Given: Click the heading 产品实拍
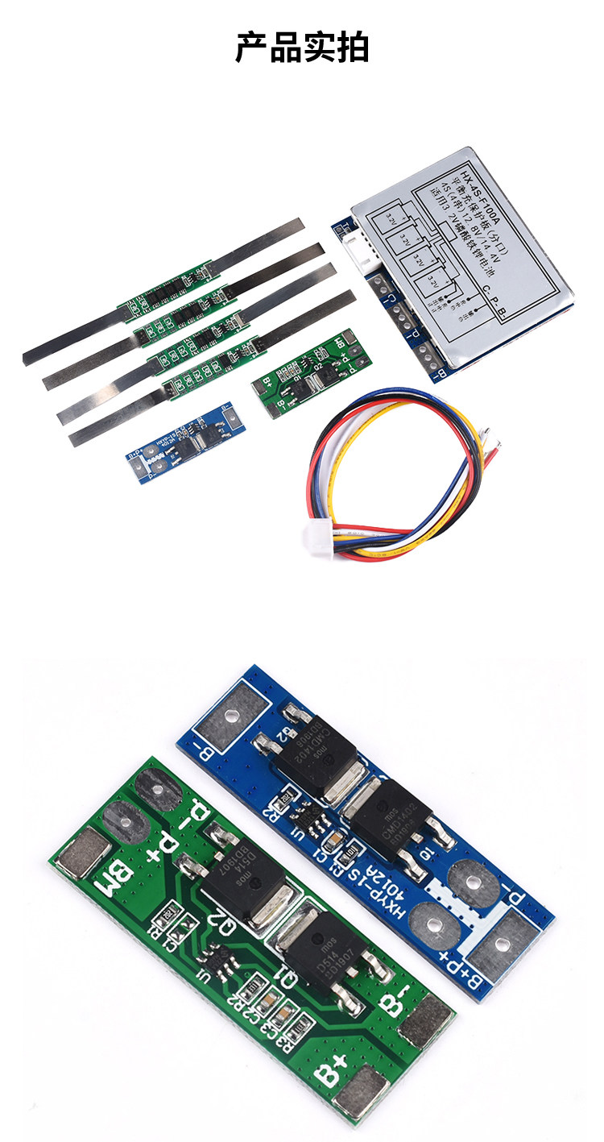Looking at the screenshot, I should coord(302,48).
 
